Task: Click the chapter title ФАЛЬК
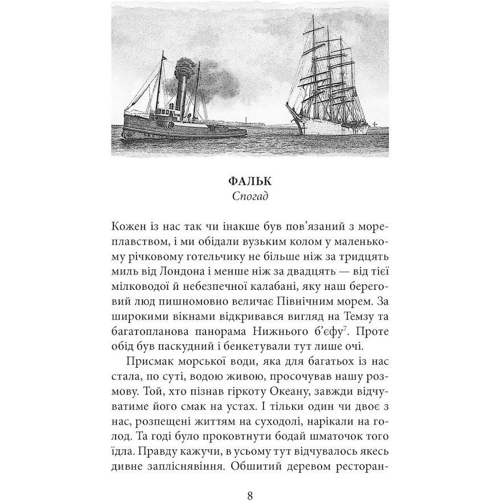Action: (x=250, y=182)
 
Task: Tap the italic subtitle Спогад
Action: (x=250, y=197)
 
